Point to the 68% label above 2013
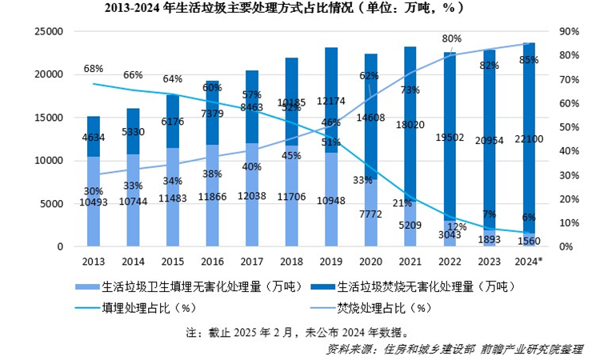coord(94,69)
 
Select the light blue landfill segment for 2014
coord(133,200)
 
